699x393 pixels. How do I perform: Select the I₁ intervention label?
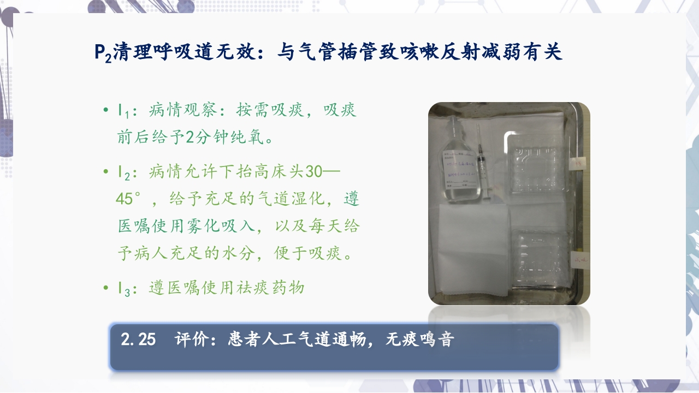tap(123, 111)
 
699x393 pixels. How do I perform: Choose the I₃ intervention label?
tap(123, 289)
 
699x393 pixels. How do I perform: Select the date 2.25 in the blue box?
tap(138, 340)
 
